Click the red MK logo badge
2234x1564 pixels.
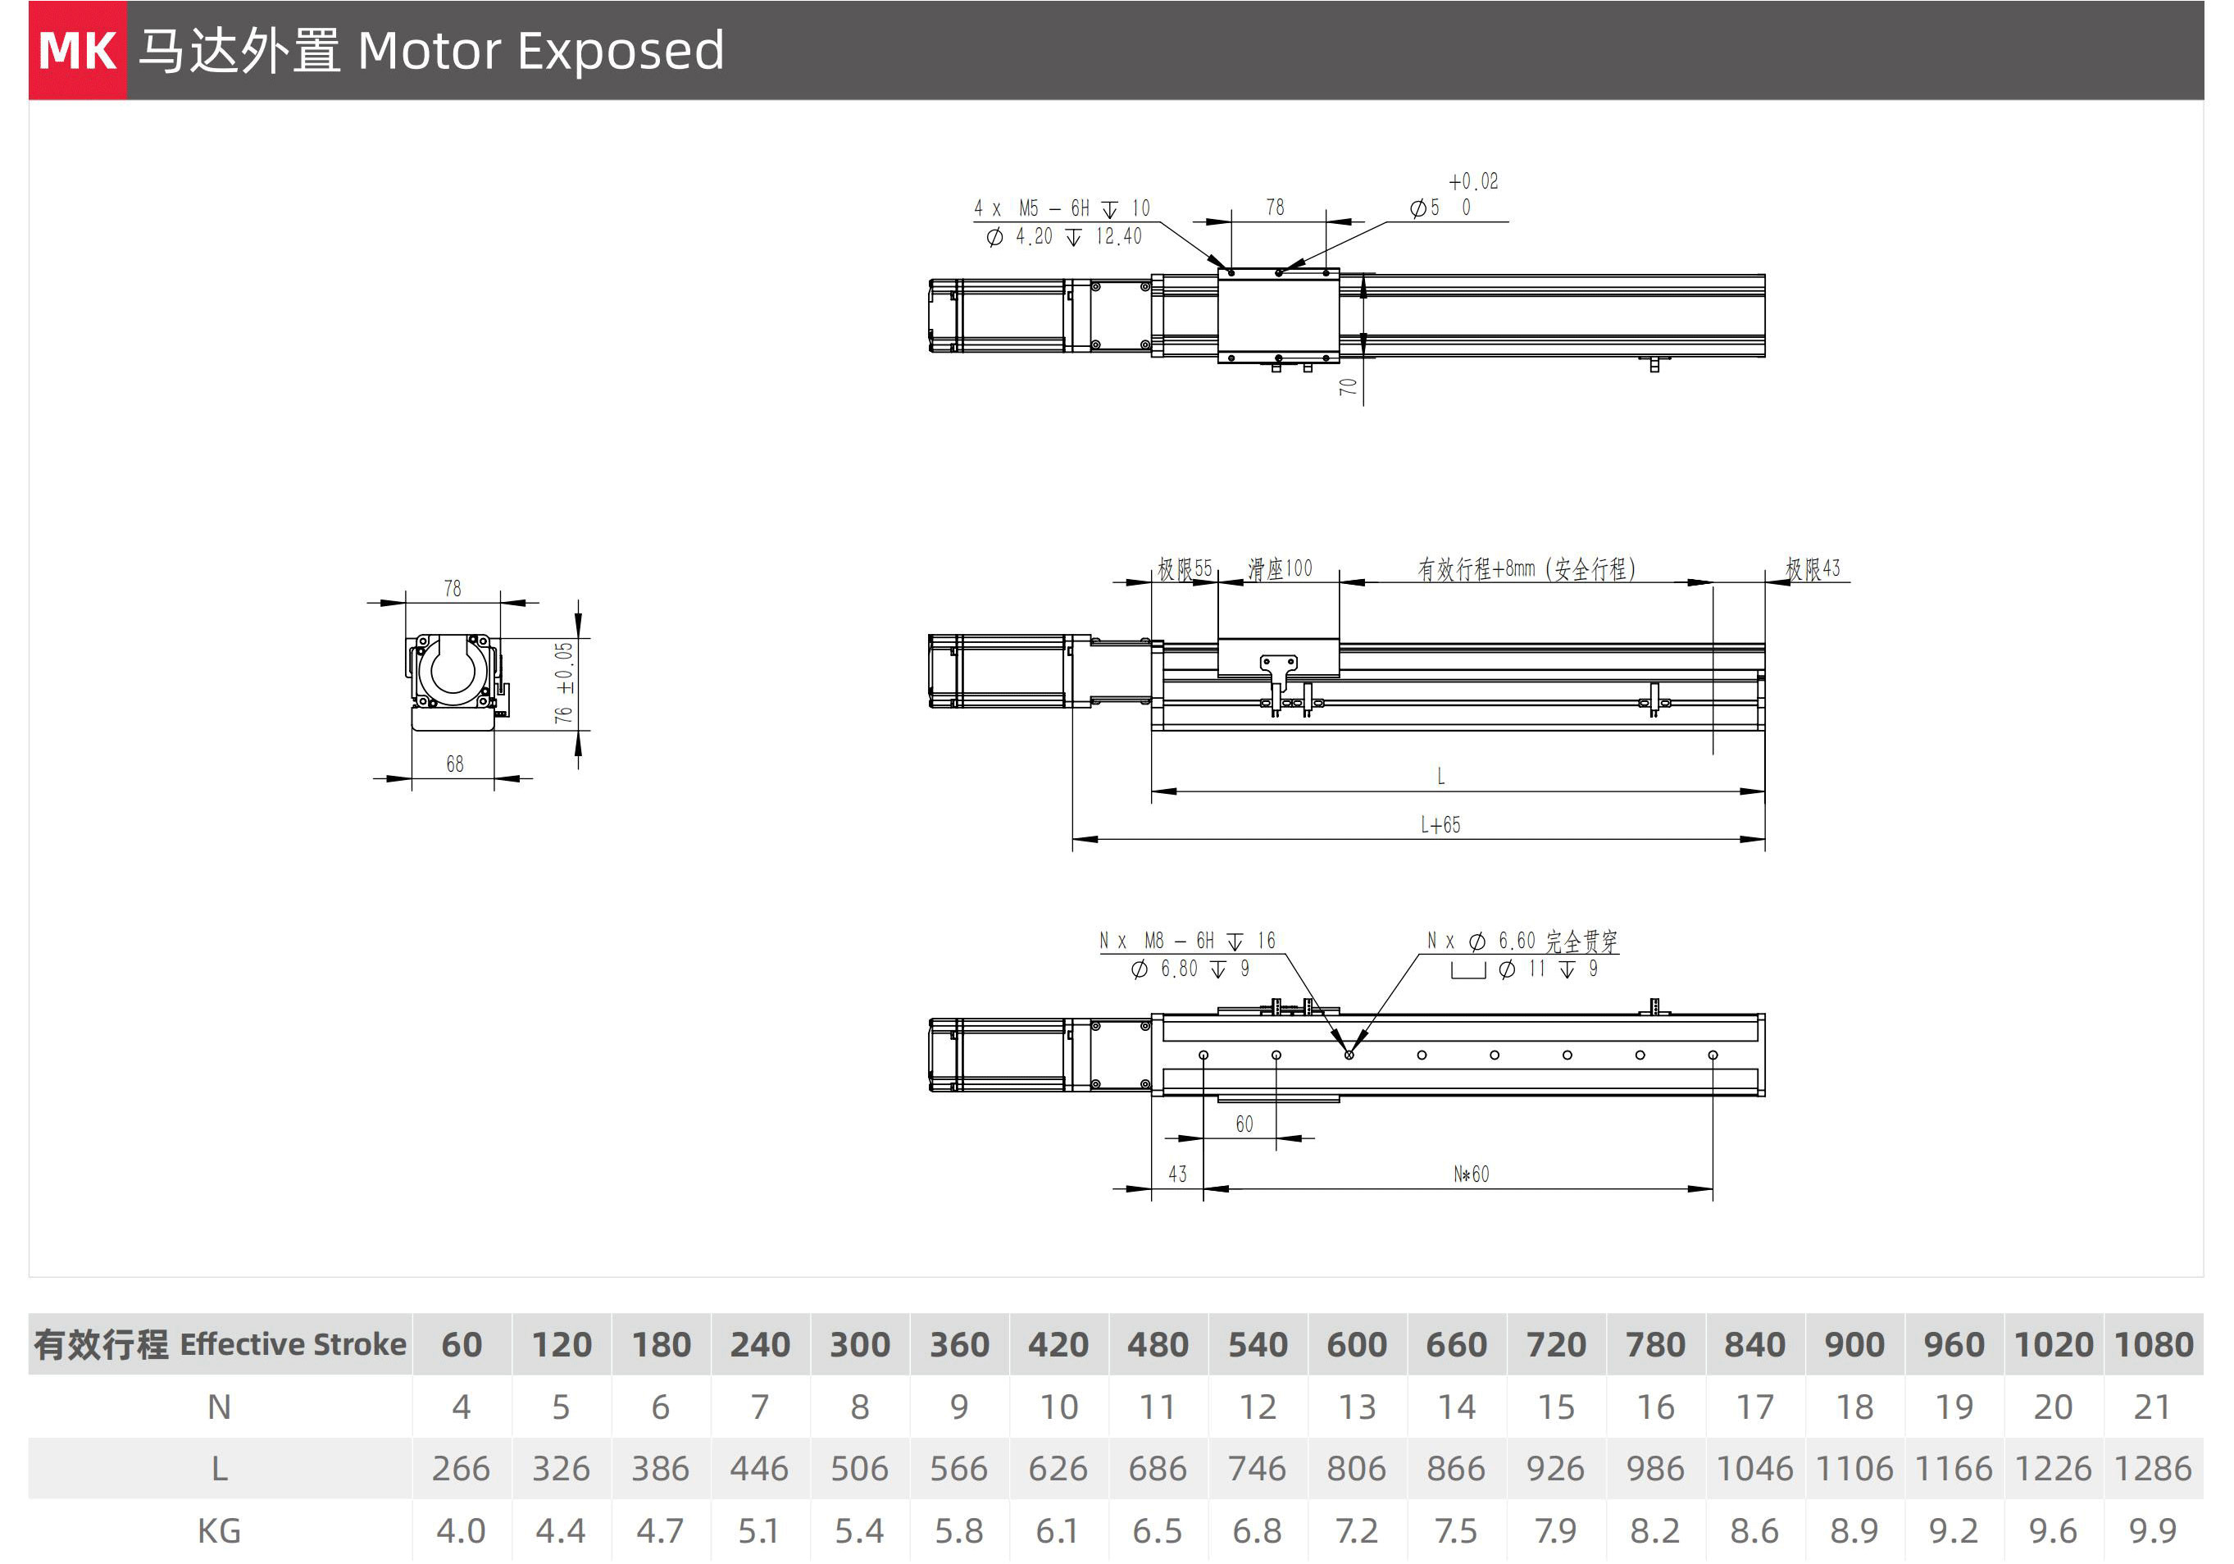pos(78,51)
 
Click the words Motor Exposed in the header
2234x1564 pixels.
pos(541,51)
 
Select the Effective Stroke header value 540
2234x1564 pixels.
pos(1257,1344)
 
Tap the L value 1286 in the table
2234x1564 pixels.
pos(2152,1468)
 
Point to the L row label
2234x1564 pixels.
pos(220,1468)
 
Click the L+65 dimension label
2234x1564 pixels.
pos(1440,825)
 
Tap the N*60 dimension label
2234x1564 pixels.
pos(1472,1174)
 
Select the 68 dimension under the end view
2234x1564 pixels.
pos(454,764)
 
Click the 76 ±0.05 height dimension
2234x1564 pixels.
pos(563,682)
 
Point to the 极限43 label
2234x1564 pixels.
pos(1813,568)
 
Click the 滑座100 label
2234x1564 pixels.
pos(1280,568)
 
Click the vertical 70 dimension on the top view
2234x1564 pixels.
pos(1348,386)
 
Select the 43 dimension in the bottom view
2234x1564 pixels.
pos(1177,1174)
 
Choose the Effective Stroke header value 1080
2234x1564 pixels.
pos(2153,1344)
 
